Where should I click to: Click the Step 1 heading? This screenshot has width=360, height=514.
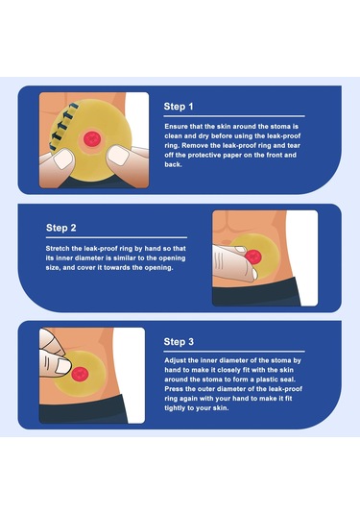(179, 107)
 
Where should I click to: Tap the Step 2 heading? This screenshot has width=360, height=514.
(60, 228)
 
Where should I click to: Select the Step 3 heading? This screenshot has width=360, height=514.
(179, 342)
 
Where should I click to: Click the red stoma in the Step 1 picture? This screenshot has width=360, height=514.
(92, 138)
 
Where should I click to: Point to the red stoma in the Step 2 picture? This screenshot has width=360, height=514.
(253, 256)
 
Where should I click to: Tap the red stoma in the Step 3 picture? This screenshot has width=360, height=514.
(80, 374)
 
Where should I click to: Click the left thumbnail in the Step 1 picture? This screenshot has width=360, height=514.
(63, 159)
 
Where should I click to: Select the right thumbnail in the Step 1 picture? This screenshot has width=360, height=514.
(117, 156)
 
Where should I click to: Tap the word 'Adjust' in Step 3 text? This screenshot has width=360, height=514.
(176, 360)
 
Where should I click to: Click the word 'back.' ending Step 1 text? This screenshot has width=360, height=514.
(173, 164)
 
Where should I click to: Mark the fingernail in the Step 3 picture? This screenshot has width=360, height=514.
(62, 366)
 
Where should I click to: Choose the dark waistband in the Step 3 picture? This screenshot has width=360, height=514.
(84, 409)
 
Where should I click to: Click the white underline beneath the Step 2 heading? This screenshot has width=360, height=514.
(116, 237)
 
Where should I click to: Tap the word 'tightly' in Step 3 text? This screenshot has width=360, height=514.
(177, 408)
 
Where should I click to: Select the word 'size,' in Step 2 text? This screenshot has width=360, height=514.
(53, 268)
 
